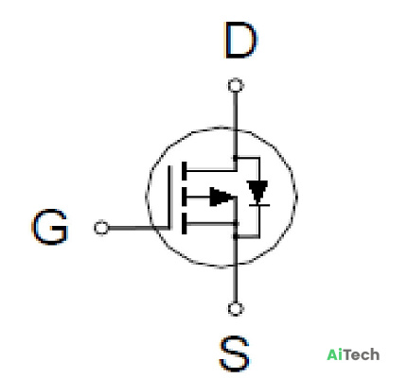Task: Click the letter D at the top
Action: [240, 40]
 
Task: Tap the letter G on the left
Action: [50, 226]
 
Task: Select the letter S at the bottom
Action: [235, 354]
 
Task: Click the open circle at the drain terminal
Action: [236, 85]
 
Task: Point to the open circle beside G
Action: [101, 228]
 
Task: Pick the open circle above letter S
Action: [236, 309]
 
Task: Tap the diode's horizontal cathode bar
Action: [259, 205]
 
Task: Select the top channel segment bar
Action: [185, 171]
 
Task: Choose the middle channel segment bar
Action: [185, 198]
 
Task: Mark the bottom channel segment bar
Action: [185, 224]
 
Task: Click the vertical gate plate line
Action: [170, 198]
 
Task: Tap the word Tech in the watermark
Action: [362, 354]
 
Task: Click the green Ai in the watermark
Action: [335, 354]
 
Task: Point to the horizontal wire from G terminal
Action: [139, 228]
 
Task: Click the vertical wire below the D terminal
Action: [236, 125]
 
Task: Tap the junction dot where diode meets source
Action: [236, 236]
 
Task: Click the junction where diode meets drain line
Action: [236, 157]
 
